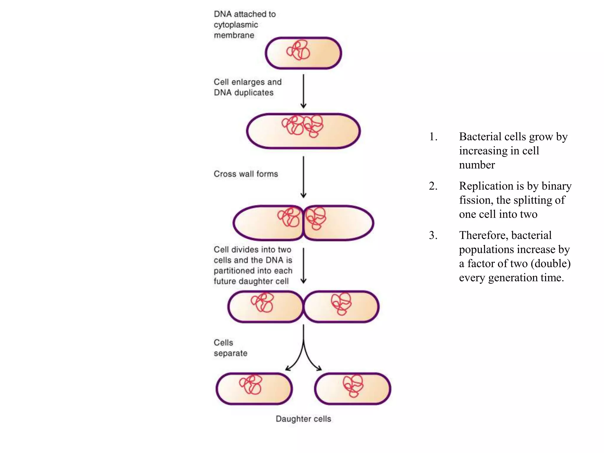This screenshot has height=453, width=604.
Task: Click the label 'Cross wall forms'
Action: (x=246, y=174)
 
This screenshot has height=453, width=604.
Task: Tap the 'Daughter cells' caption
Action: (x=303, y=419)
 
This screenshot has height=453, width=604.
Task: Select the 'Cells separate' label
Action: (x=230, y=348)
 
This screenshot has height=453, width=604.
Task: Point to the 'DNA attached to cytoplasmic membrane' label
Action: (x=244, y=24)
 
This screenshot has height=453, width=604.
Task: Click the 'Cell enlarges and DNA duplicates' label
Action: (x=247, y=87)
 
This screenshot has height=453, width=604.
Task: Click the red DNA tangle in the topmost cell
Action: (x=298, y=50)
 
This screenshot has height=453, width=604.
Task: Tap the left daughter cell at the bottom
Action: (x=254, y=389)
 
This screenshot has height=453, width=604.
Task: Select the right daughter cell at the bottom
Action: (x=353, y=389)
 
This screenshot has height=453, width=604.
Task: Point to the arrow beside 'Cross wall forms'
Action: (x=303, y=177)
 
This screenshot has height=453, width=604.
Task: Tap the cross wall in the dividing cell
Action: (x=303, y=223)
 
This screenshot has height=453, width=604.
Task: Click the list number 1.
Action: (x=433, y=137)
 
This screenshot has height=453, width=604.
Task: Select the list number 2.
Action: (x=433, y=186)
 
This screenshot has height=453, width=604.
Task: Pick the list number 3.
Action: (x=433, y=235)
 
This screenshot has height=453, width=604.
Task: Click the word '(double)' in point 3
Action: (x=550, y=264)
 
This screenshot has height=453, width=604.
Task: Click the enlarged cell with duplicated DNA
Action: (x=303, y=131)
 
